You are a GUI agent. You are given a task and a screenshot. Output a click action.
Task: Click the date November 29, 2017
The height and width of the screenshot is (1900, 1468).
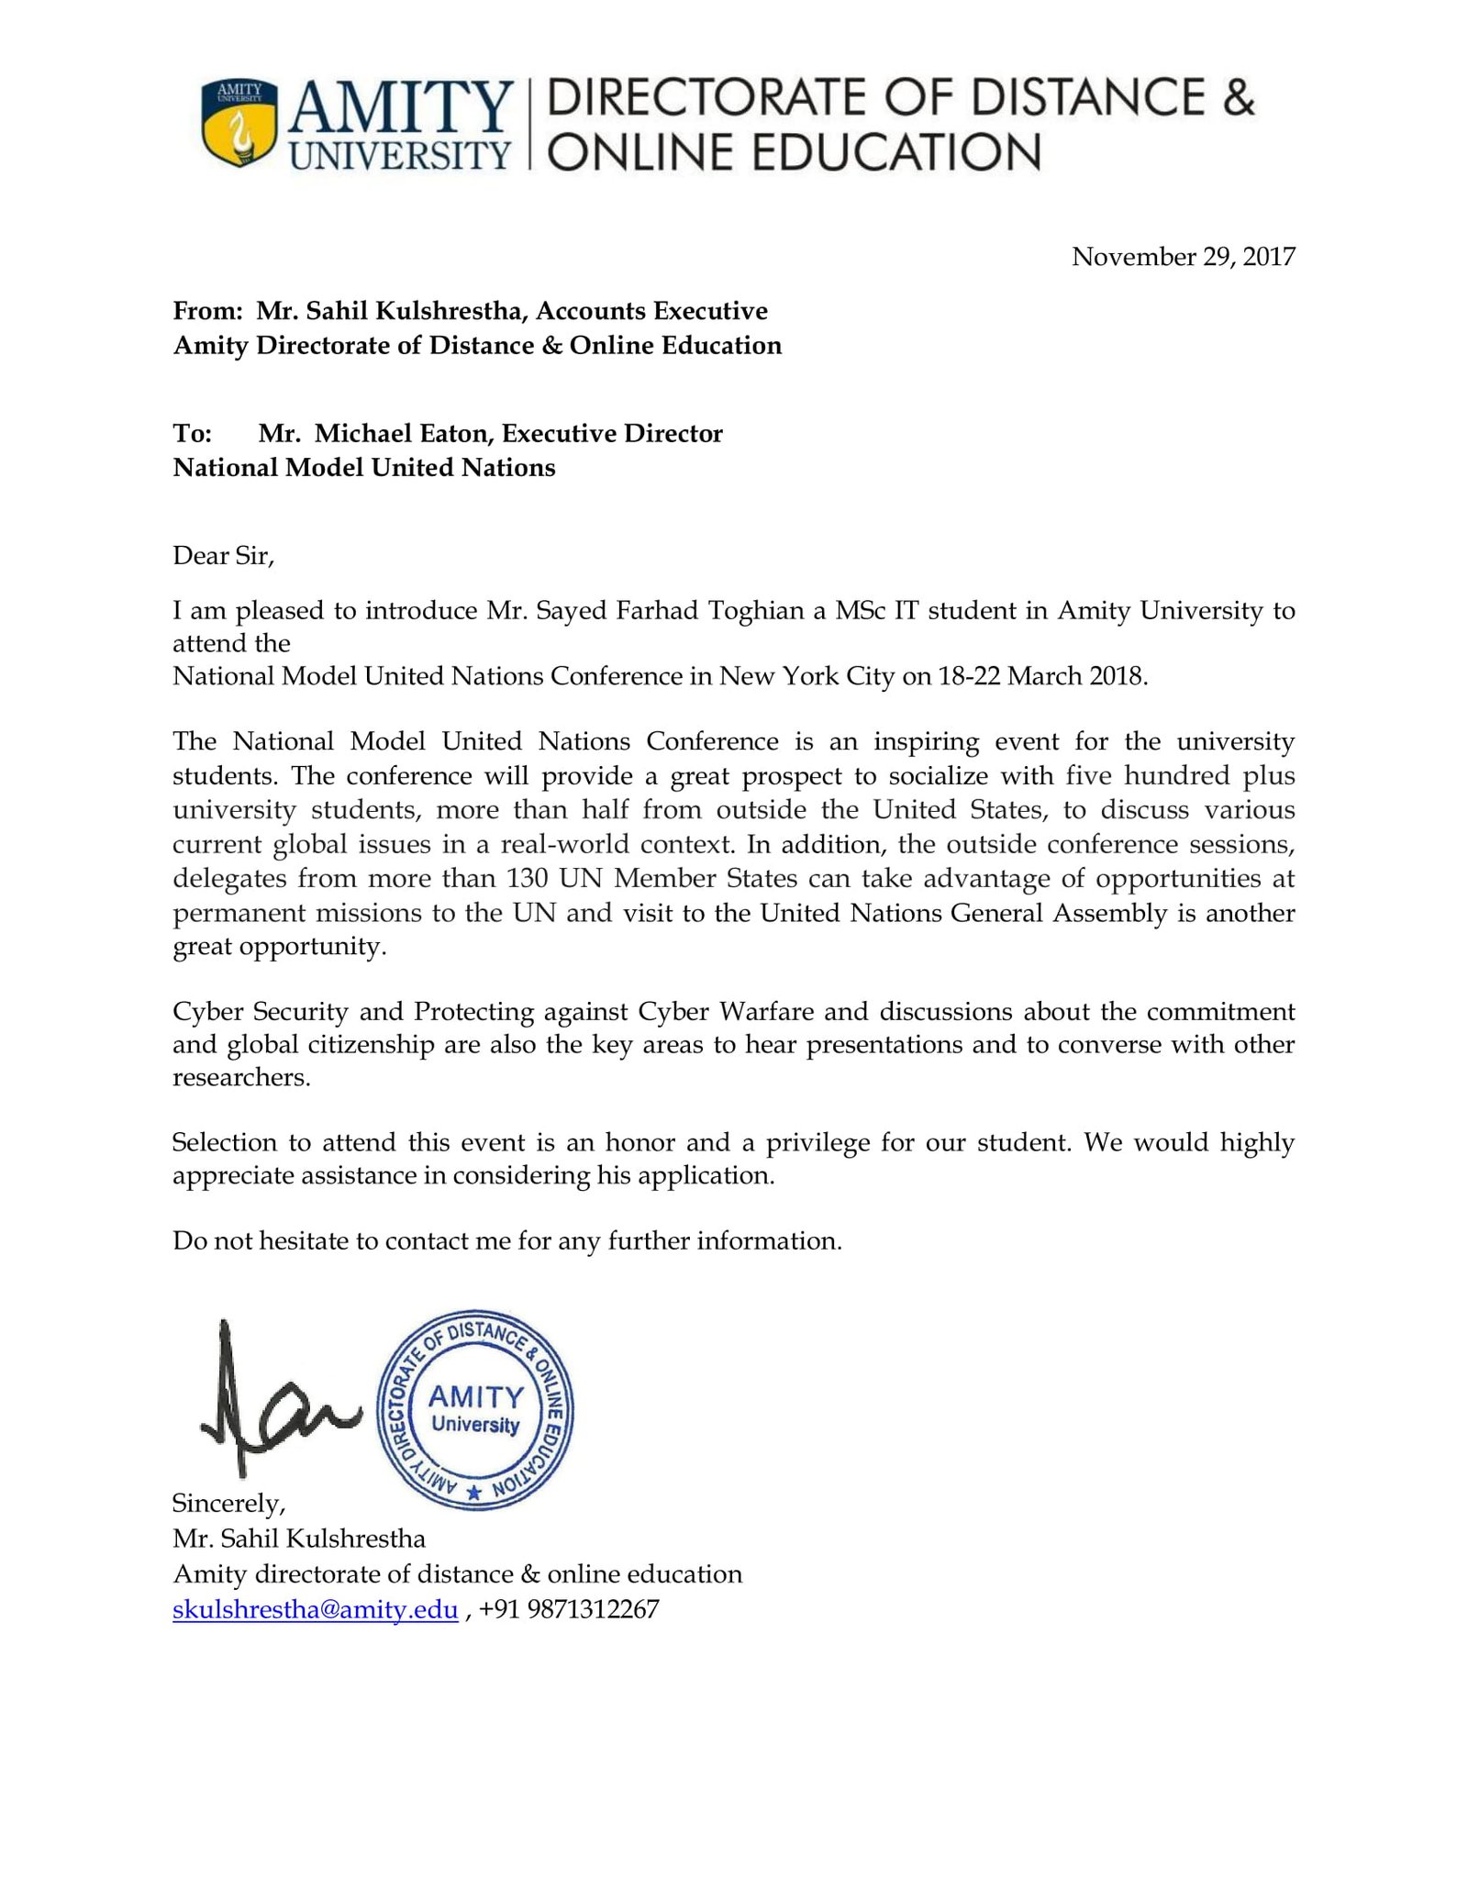[1183, 257]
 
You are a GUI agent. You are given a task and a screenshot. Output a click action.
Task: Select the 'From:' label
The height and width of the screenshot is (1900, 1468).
[207, 311]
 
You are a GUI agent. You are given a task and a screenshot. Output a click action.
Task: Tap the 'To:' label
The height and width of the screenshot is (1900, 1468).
[193, 434]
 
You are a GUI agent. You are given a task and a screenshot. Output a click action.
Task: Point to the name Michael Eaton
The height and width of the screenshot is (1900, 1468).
[401, 434]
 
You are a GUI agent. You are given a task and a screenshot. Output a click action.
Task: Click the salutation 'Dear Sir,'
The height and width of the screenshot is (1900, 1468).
[223, 556]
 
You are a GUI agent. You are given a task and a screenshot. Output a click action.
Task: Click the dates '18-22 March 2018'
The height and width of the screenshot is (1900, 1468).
[1040, 677]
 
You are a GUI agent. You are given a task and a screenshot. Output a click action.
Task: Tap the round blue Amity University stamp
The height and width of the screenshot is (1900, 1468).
[475, 1409]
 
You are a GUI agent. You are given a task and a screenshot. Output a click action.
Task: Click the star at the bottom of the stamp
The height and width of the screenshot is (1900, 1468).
[473, 1494]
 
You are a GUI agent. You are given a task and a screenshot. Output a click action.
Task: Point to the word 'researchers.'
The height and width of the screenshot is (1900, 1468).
[241, 1078]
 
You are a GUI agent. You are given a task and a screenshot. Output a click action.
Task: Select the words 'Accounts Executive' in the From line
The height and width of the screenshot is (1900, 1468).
[651, 311]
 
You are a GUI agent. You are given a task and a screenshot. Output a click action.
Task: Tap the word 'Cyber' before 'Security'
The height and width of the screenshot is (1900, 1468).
[208, 1012]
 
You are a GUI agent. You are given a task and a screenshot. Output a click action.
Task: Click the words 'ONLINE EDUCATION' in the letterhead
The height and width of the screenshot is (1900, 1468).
[795, 153]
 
